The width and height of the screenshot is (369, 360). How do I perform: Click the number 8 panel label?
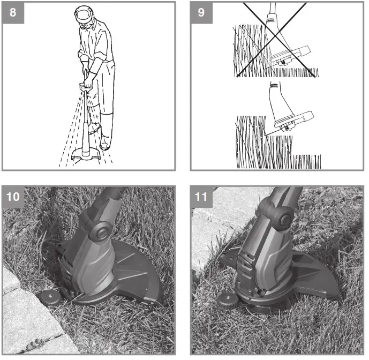click(13, 12)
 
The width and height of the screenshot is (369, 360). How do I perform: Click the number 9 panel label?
click(200, 12)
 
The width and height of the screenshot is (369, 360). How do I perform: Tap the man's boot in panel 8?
click(105, 140)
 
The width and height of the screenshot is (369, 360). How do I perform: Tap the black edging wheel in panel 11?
click(227, 300)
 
